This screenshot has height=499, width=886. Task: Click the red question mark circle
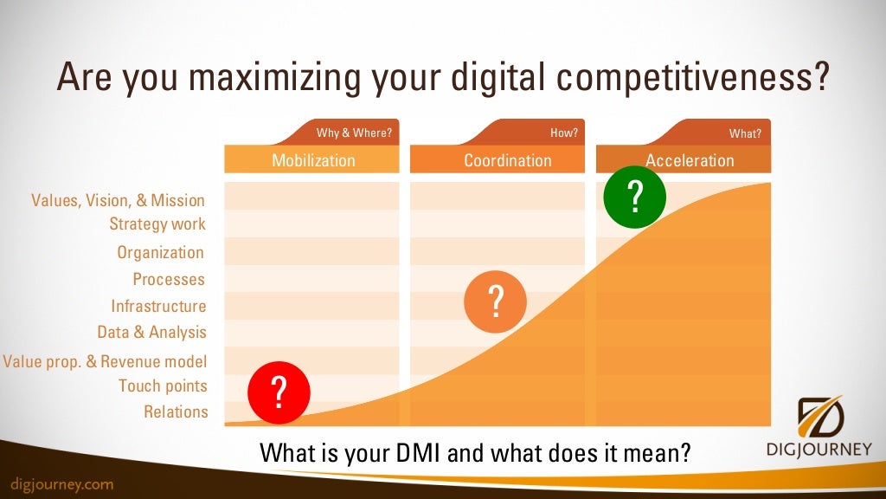point(279,392)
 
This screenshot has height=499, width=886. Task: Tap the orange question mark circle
point(495,301)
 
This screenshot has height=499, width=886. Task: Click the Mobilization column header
point(312,160)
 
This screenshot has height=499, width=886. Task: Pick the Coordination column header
point(507,160)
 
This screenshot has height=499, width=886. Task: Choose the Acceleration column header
point(689,160)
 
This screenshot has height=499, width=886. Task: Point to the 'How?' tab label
point(563,133)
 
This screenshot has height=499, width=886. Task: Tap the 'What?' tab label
point(745,133)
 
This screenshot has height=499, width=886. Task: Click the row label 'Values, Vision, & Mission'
point(119,200)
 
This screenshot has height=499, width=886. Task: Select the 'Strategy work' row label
point(157,224)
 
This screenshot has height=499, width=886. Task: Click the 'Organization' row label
point(161,253)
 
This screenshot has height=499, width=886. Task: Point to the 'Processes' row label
point(169,279)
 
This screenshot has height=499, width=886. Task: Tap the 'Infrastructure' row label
point(158,306)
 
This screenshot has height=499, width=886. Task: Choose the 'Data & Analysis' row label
point(152,332)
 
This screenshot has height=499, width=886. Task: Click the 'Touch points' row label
point(163,386)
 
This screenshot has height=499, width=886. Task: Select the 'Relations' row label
point(176,412)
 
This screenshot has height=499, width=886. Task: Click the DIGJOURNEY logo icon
point(821,418)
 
